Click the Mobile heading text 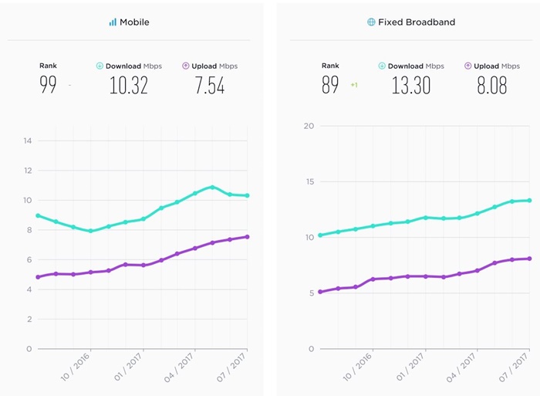coord(134,22)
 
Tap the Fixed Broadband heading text coord(416,22)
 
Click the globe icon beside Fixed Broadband coord(371,22)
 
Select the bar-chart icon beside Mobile coord(113,22)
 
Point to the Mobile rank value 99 coord(48,85)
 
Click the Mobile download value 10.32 coord(128,85)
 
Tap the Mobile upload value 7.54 coord(210,85)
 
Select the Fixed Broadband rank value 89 coord(330,85)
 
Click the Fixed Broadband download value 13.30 coord(410,85)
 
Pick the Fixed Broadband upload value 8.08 coord(491,85)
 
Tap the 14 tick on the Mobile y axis coord(28,140)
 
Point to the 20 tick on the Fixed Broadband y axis coord(309,126)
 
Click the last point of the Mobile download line coord(247,195)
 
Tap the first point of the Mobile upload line coord(38,277)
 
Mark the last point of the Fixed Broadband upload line coord(529,259)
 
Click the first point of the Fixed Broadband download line coord(320,235)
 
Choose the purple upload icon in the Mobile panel coord(186,66)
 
